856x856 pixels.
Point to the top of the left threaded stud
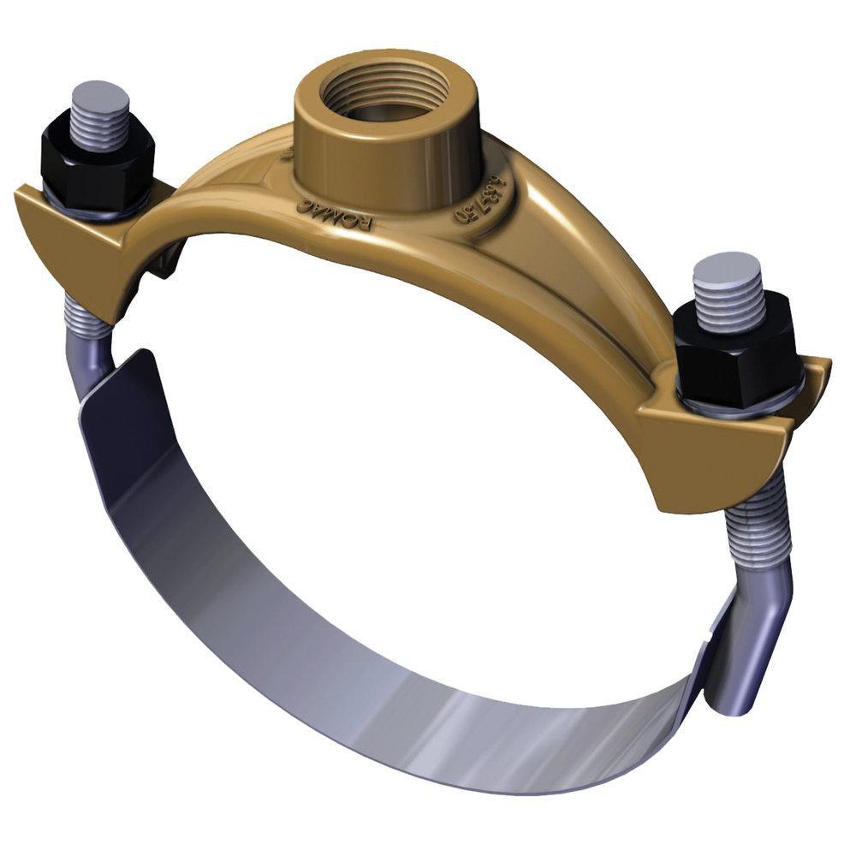[x=100, y=94]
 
